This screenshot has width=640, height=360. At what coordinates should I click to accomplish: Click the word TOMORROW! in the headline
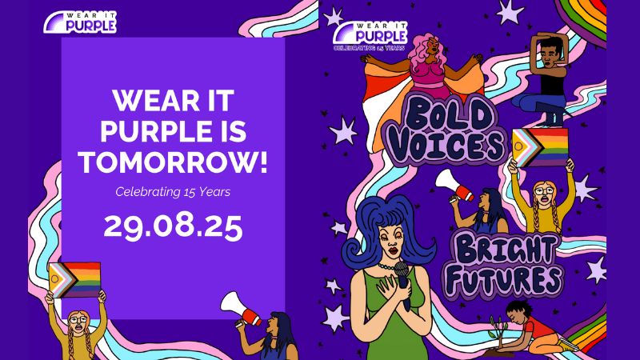click(x=173, y=162)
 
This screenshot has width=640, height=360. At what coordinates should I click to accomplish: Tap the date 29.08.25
click(x=173, y=227)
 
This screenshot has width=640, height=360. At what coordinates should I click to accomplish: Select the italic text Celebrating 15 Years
click(x=173, y=192)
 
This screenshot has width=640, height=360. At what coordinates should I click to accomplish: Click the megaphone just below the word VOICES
click(x=454, y=186)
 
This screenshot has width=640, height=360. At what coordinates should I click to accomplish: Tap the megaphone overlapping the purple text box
click(x=241, y=309)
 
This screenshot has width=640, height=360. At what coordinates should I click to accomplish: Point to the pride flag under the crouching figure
click(x=540, y=147)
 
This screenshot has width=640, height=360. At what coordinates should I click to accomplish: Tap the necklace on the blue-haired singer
click(x=388, y=267)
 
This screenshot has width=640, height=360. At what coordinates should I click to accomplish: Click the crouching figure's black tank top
click(x=553, y=84)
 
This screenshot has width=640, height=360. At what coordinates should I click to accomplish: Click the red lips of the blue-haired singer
click(x=393, y=250)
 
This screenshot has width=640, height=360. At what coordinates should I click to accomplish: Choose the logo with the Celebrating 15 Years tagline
click(x=370, y=36)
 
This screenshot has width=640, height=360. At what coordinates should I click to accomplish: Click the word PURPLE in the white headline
click(x=173, y=131)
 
